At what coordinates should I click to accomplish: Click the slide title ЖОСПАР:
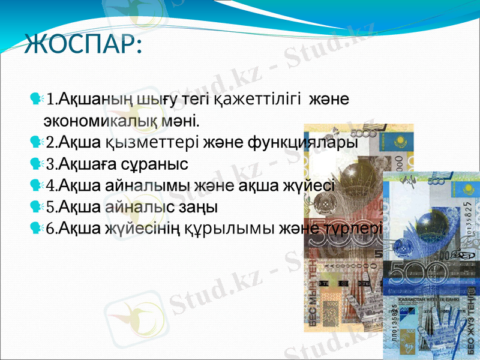(x=82, y=44)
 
